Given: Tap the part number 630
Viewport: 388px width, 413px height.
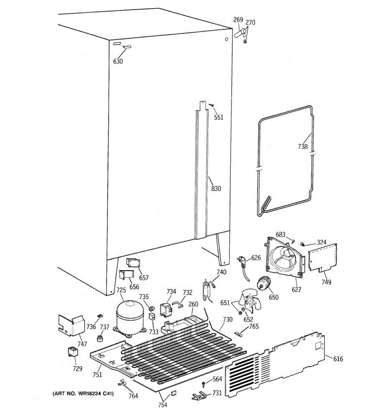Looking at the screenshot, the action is click(118, 61).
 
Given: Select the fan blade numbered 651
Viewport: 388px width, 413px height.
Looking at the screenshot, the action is click(249, 301).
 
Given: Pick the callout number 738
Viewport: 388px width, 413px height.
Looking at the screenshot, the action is click(303, 147).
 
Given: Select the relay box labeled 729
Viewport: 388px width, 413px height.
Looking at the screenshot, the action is click(73, 352).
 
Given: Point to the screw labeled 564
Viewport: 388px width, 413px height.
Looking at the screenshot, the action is click(204, 384).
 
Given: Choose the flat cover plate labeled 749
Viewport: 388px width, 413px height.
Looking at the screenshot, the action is click(322, 258).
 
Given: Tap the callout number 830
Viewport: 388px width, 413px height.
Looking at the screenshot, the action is click(216, 188).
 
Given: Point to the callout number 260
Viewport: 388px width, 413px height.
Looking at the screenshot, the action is click(193, 304).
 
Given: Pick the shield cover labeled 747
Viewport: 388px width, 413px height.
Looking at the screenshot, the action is click(71, 326).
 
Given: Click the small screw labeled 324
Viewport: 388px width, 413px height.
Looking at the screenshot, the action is click(302, 244).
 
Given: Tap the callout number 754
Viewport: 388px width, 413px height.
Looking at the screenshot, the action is click(163, 405).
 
